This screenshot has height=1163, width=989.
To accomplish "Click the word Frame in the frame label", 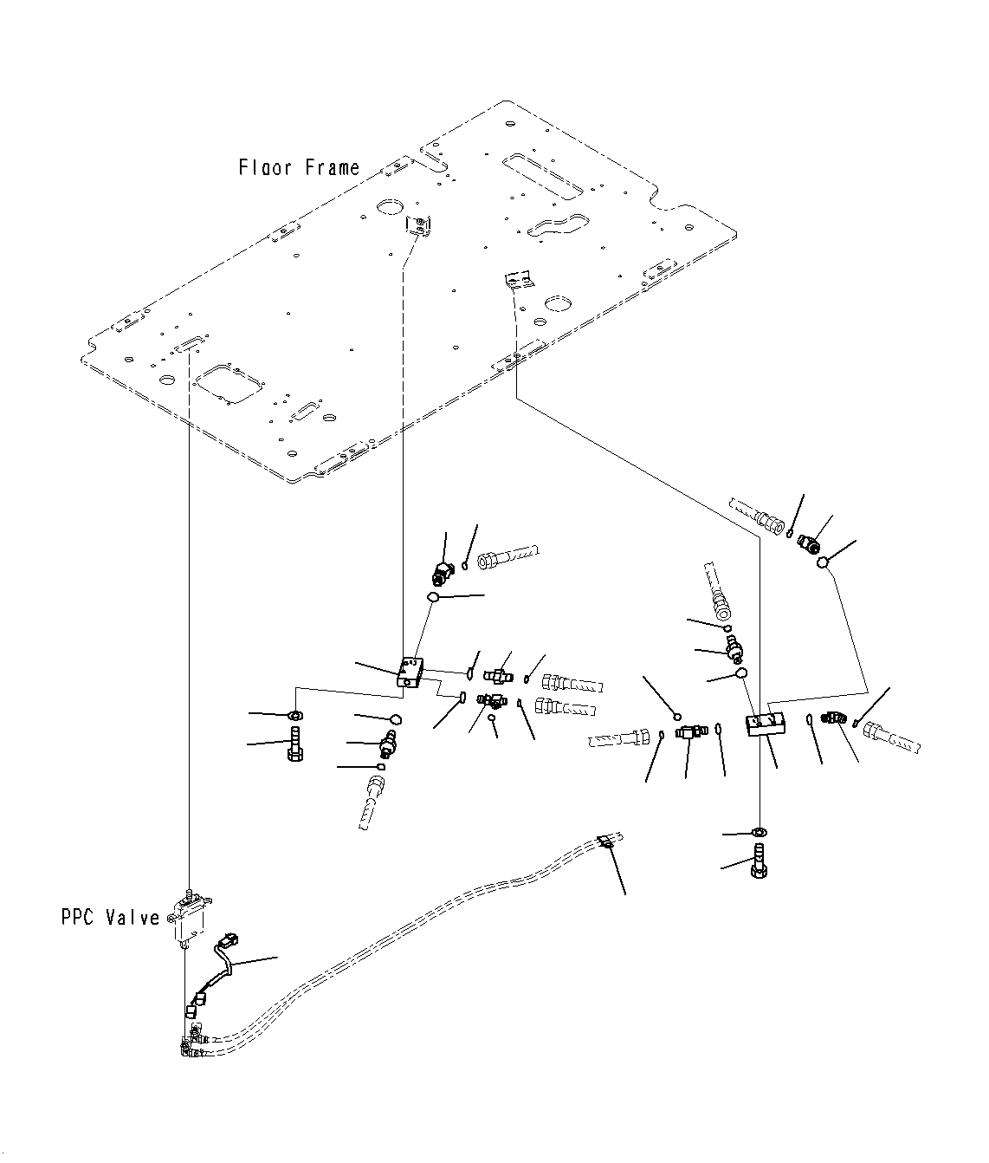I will (332, 167).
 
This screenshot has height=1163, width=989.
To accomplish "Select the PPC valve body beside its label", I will (188, 920).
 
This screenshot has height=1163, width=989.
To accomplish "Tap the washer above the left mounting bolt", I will (295, 715).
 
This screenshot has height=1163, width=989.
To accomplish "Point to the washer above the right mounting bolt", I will (759, 833).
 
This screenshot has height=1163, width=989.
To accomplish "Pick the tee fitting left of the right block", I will (688, 733).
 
